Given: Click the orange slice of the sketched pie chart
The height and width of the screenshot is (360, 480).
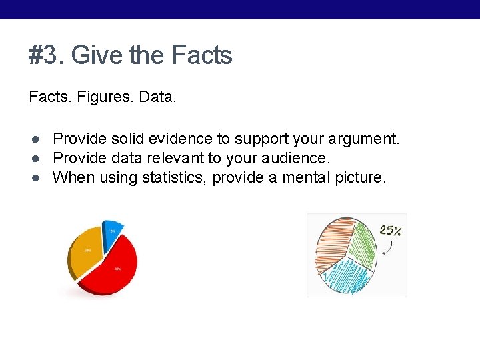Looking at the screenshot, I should pos(332,241).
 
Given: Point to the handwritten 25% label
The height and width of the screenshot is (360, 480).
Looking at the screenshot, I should pos(390,231).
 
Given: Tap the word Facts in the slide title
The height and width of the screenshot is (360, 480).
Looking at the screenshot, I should pos(202,55).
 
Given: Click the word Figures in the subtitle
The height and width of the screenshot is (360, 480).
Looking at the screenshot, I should pos(104,97).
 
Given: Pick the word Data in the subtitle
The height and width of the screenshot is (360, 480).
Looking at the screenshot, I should pos(157,97).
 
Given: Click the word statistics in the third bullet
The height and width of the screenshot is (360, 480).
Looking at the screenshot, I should pos(173,177).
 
